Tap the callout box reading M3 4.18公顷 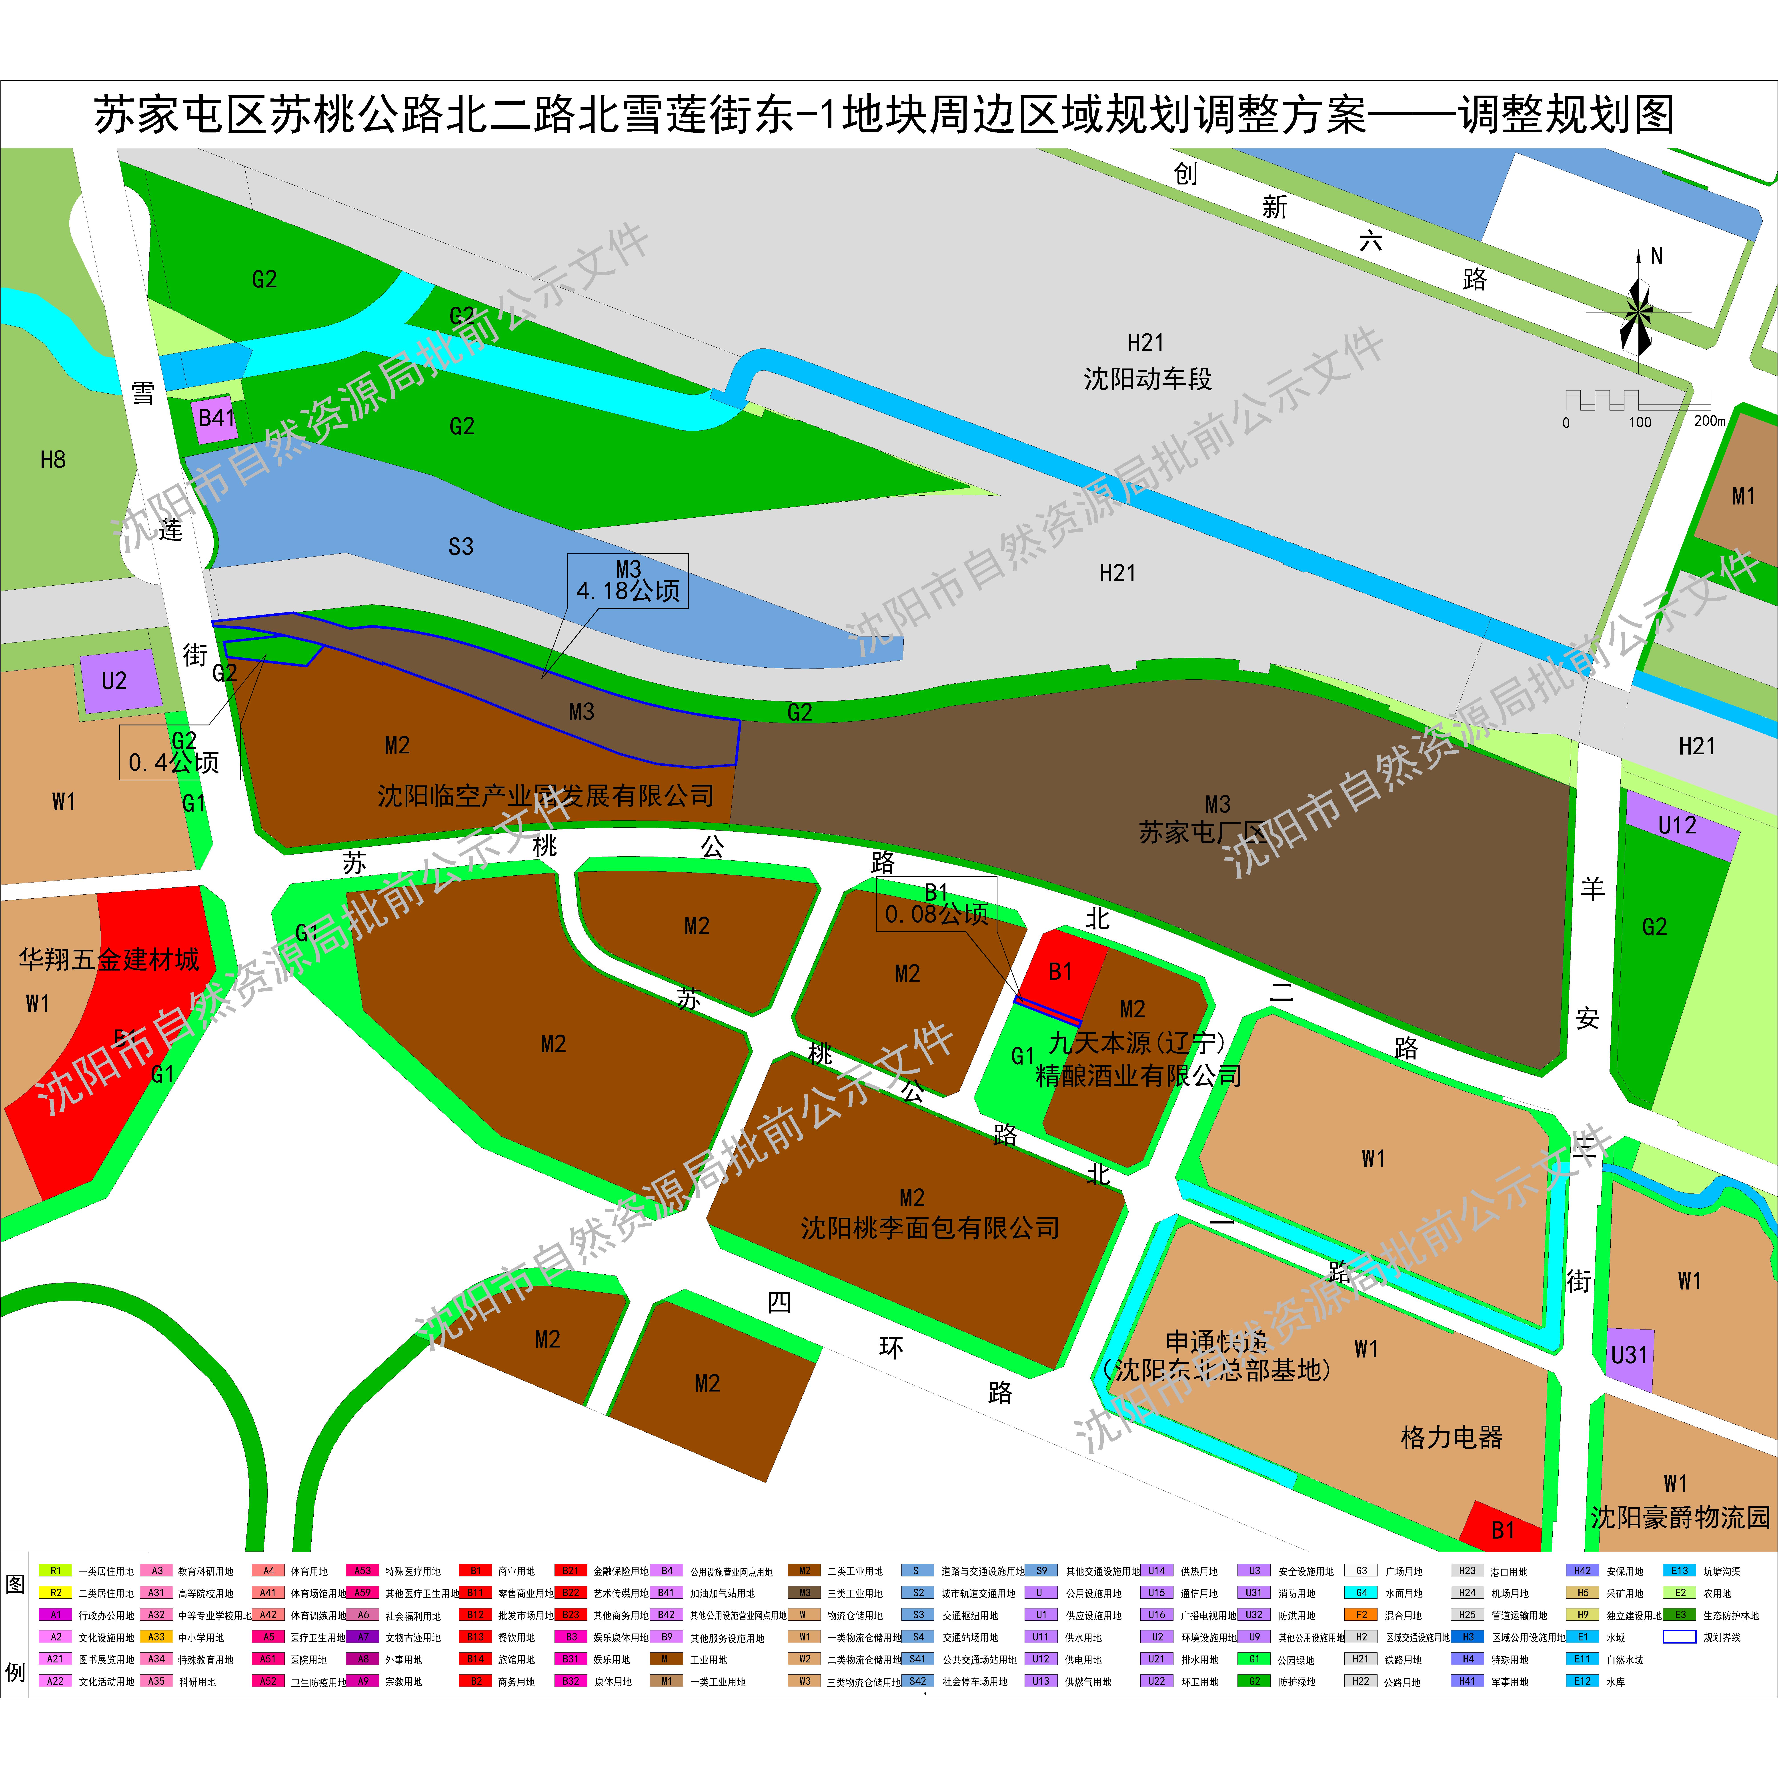pos(628,581)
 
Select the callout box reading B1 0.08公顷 pos(936,904)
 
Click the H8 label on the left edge pos(52,459)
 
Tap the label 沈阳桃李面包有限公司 pos(929,1228)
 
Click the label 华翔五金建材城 pos(109,960)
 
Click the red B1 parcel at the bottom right pos(1502,1530)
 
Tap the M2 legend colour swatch pos(803,1571)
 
